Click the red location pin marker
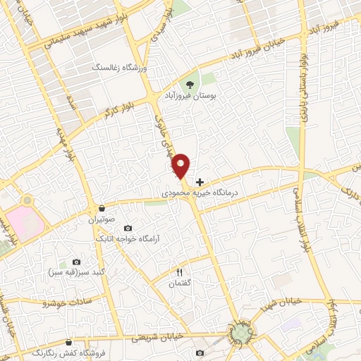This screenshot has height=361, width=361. tap(182, 166)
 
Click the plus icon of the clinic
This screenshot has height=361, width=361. tap(200, 181)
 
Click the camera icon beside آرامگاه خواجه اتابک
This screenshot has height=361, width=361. tap(128, 228)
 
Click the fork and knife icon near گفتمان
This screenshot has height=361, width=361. tap(178, 272)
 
